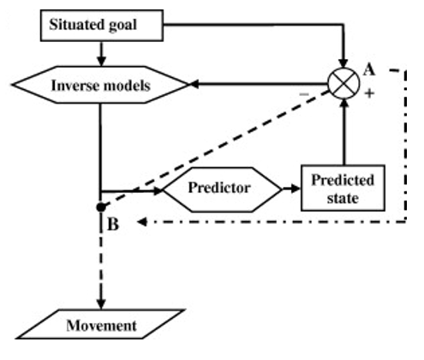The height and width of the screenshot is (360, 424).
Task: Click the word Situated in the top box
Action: pos(74,24)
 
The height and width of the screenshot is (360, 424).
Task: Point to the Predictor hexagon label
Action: pos(219,188)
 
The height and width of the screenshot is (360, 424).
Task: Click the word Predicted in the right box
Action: pos(343,180)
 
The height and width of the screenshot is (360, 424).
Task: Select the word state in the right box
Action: pos(343,198)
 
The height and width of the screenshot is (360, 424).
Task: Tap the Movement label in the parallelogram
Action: pos(101,326)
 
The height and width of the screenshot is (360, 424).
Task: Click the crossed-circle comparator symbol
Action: pos(343,83)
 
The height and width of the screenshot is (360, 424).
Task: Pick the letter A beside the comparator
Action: pos(369,69)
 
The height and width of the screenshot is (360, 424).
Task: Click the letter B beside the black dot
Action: pos(113,224)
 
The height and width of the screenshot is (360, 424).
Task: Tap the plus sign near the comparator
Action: pos(369,93)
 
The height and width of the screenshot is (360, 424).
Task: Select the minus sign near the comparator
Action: pos(304,93)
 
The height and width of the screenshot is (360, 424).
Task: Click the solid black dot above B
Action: pos(101,207)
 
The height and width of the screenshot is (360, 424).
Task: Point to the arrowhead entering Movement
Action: pos(101,304)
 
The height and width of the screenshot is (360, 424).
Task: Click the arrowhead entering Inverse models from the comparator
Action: pos(194,84)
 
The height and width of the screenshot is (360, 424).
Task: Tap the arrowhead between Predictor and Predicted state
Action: pos(296,189)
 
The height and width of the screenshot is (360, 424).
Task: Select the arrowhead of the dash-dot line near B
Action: pos(142,222)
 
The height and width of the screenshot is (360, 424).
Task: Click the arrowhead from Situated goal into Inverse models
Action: pos(101,61)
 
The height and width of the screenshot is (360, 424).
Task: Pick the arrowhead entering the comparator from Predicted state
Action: pos(344,103)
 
